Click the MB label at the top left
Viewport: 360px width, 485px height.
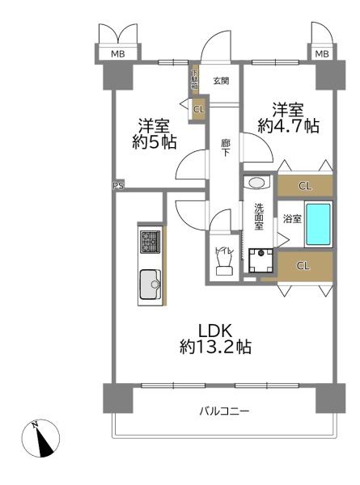coord(117,54)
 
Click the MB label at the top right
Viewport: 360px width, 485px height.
coord(321,54)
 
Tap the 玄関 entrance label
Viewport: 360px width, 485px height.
coord(222,80)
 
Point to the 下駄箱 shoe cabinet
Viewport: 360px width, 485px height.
coord(194,82)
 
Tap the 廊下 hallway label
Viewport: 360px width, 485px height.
coord(227,149)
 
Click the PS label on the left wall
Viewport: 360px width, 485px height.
coord(118,185)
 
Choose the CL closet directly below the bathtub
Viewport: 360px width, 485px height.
coord(304,265)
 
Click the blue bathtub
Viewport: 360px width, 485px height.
coord(319,225)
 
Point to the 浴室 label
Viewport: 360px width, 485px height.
coord(291,219)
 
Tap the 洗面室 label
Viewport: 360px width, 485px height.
coord(258,217)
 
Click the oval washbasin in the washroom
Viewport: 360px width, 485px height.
coord(256,183)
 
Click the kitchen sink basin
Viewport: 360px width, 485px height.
coord(150,285)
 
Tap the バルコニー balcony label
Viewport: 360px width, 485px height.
coord(224,411)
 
